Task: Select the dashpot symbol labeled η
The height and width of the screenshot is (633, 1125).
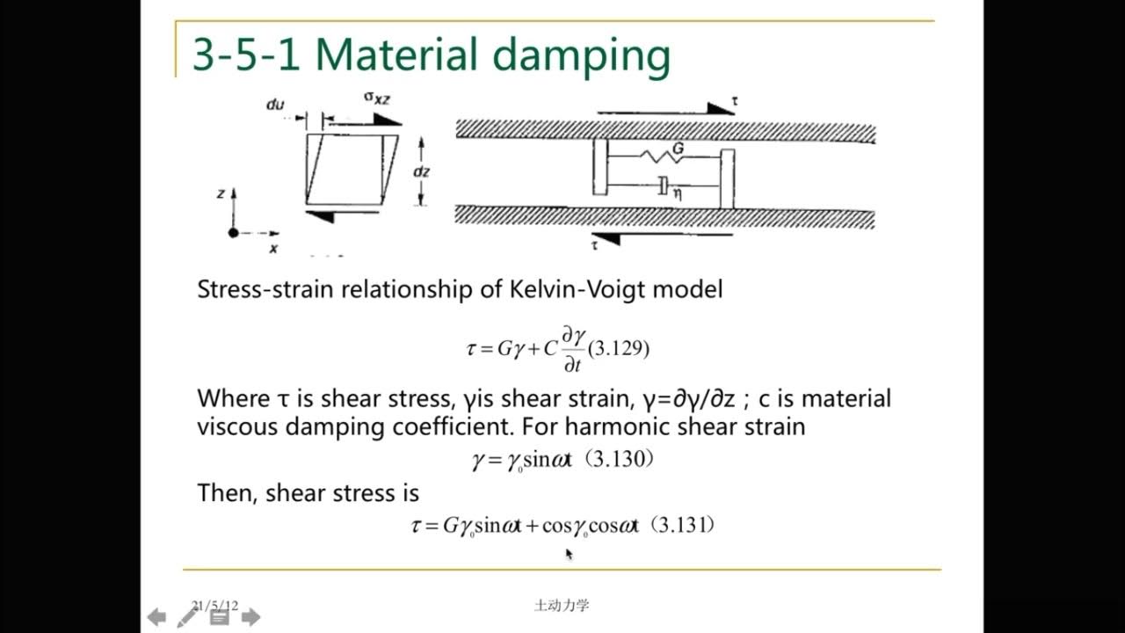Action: pos(664,186)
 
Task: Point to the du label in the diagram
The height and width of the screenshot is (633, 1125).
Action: pos(275,105)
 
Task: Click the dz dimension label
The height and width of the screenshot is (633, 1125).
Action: pos(422,171)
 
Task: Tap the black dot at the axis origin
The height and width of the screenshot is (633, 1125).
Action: pos(234,233)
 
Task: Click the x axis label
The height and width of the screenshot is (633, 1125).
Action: pos(273,249)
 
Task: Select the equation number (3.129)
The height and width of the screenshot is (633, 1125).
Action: pos(619,348)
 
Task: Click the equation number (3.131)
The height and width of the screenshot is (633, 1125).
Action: pos(686,526)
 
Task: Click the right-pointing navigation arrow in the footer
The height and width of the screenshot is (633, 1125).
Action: pos(250,617)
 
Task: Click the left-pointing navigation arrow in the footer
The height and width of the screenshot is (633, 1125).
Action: pos(156,617)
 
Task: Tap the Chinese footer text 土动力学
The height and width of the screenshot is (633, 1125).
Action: pos(562,605)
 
